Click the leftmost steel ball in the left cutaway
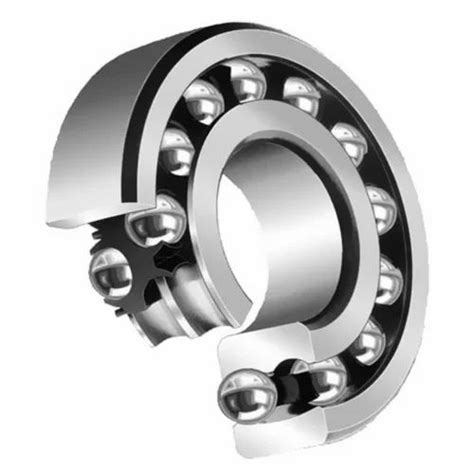click(108, 270)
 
